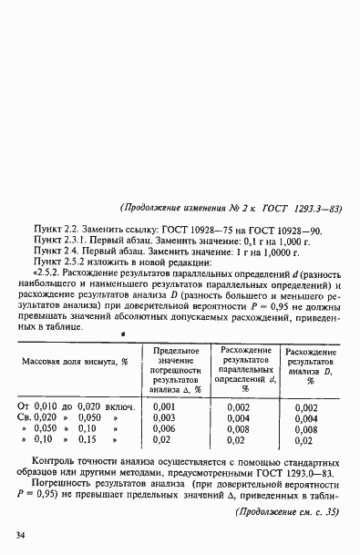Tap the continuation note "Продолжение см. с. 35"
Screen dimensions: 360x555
click(288, 513)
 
